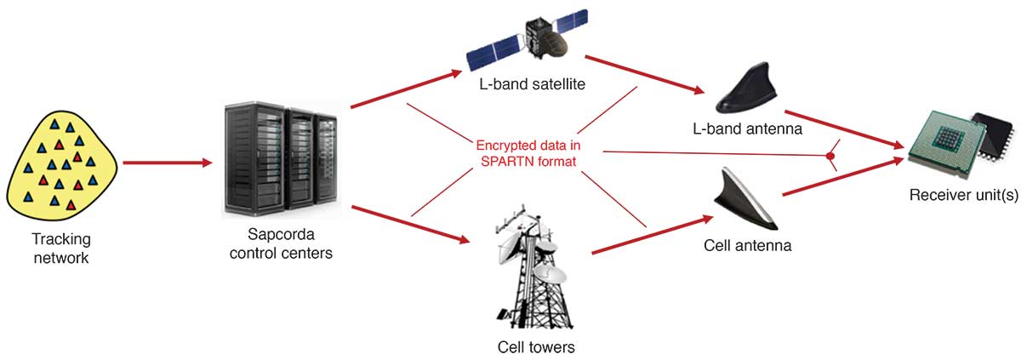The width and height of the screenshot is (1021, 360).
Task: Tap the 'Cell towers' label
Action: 536,347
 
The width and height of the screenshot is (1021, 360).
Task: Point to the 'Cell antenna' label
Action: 748,246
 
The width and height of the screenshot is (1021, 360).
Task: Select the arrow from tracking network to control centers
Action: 167,162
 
